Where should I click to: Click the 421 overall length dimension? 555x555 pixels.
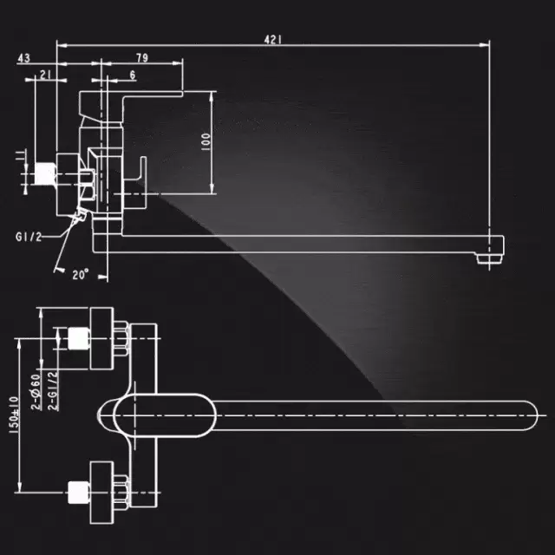(x=273, y=39)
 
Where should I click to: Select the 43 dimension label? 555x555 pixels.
(x=23, y=58)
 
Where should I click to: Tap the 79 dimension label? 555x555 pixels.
(x=142, y=58)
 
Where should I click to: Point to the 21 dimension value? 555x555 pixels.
(x=45, y=75)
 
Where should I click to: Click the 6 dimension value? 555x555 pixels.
(x=133, y=75)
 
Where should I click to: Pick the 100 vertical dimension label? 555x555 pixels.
(x=206, y=141)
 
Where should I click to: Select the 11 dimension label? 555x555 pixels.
(x=21, y=155)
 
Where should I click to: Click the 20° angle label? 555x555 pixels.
(x=81, y=274)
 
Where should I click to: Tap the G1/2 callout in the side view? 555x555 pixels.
(x=29, y=237)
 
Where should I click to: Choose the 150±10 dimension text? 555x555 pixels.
(x=14, y=415)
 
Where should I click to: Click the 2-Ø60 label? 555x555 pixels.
(x=36, y=392)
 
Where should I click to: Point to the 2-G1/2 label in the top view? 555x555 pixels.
(x=52, y=391)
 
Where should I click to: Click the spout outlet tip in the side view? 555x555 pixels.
(x=489, y=259)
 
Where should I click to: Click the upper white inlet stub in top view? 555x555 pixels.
(x=79, y=338)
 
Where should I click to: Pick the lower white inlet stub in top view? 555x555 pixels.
(x=79, y=492)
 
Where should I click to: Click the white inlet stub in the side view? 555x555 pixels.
(x=45, y=173)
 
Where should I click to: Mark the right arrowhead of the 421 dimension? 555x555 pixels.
(x=485, y=45)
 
